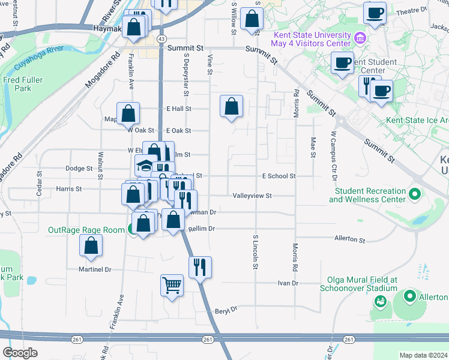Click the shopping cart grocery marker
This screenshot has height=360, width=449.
tap(172, 284)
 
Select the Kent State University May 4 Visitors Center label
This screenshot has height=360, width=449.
tap(312, 40)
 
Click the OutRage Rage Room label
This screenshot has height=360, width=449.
tap(86, 229)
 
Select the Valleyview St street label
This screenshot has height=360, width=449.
tap(252, 196)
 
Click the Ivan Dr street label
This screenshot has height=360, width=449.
tap(288, 283)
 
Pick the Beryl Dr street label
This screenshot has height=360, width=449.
tap(226, 310)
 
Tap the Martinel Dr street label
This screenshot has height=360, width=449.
tap(95, 269)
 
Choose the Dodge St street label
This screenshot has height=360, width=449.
tap(79, 169)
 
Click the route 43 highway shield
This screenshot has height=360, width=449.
tap(161, 38)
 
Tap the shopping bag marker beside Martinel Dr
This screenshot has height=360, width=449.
tap(91, 245)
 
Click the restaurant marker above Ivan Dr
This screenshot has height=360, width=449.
tap(200, 266)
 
